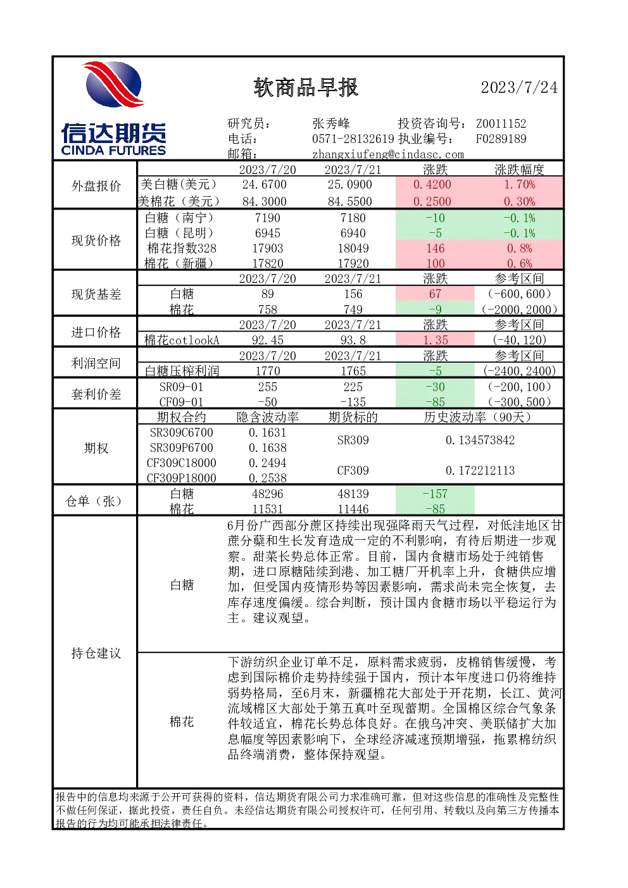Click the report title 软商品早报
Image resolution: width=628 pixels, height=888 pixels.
tap(306, 87)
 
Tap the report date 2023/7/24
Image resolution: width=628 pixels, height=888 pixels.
tap(519, 87)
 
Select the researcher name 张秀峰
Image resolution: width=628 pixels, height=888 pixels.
tap(331, 123)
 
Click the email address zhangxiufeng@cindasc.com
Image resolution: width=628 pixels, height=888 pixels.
tap(387, 154)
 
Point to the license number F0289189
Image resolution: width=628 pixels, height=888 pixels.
tap(501, 139)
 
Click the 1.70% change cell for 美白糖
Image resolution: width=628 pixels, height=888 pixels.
tap(519, 184)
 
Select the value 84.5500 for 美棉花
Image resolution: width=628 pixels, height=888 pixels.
tap(349, 201)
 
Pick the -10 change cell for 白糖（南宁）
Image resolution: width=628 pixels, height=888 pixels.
tap(435, 218)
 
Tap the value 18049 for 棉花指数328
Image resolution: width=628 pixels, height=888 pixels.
tap(353, 249)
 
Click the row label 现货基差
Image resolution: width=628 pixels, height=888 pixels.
tap(96, 294)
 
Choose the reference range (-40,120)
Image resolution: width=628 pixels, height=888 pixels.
tap(519, 340)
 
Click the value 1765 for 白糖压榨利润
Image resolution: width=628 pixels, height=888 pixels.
tap(353, 371)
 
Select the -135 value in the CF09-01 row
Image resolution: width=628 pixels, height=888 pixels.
tap(353, 402)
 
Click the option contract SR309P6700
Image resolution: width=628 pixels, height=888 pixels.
tap(181, 447)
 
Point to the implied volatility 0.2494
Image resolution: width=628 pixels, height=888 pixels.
tap(268, 463)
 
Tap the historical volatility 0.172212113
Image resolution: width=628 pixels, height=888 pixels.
tap(480, 470)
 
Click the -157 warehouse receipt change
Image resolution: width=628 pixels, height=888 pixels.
tap(435, 494)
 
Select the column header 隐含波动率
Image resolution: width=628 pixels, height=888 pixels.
tap(268, 417)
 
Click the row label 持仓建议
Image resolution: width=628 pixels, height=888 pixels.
tap(96, 653)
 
